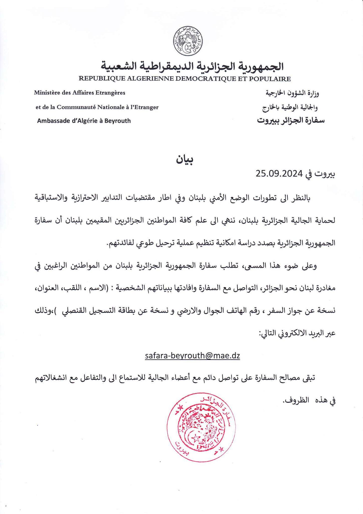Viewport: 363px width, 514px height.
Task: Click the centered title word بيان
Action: click(x=185, y=160)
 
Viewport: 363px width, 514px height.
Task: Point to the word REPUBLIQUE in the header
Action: click(x=102, y=79)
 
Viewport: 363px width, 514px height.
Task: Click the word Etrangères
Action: click(x=111, y=93)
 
